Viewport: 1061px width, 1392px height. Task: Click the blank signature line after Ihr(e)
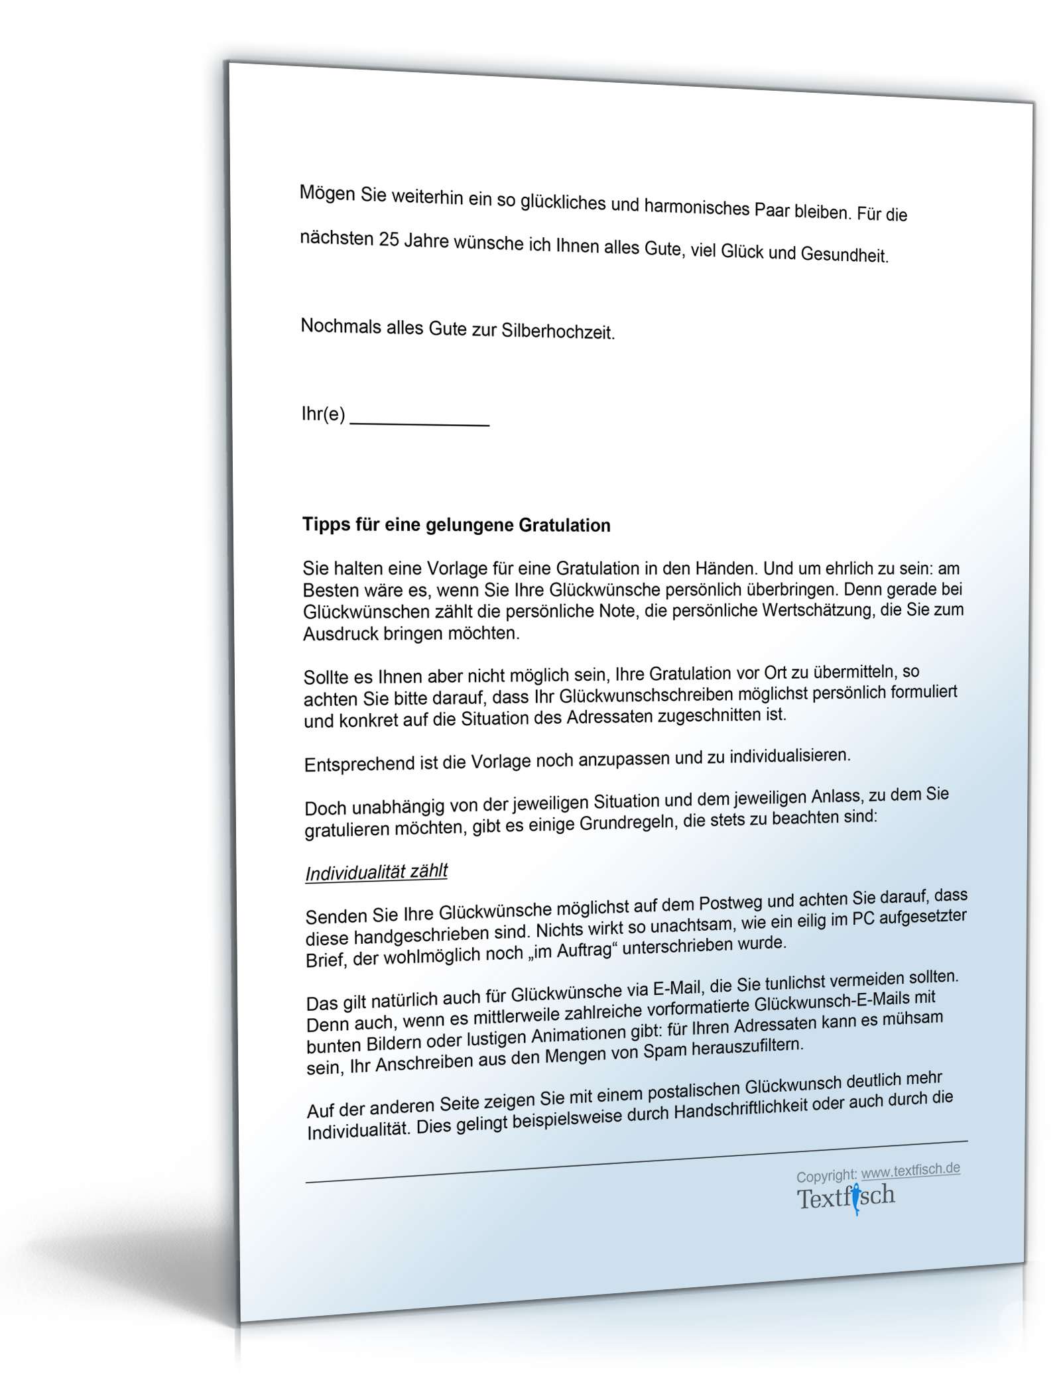pos(419,422)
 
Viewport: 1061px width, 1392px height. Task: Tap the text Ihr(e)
pos(323,414)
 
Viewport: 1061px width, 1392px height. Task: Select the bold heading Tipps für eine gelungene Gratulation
pos(456,526)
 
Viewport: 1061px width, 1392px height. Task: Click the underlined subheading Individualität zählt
pos(376,872)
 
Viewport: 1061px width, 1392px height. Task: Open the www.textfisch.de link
pos(910,1170)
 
